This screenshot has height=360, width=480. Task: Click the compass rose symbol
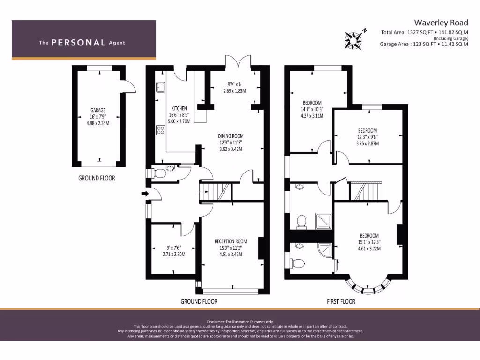[355, 39]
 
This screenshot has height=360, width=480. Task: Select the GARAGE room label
[98, 110]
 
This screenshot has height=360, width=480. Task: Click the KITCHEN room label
[179, 107]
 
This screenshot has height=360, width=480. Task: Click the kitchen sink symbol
[161, 87]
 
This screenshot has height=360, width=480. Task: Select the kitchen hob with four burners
[161, 130]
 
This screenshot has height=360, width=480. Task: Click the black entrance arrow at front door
[145, 193]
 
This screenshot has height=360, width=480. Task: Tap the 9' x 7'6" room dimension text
[174, 248]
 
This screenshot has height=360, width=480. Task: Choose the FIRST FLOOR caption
[341, 301]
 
